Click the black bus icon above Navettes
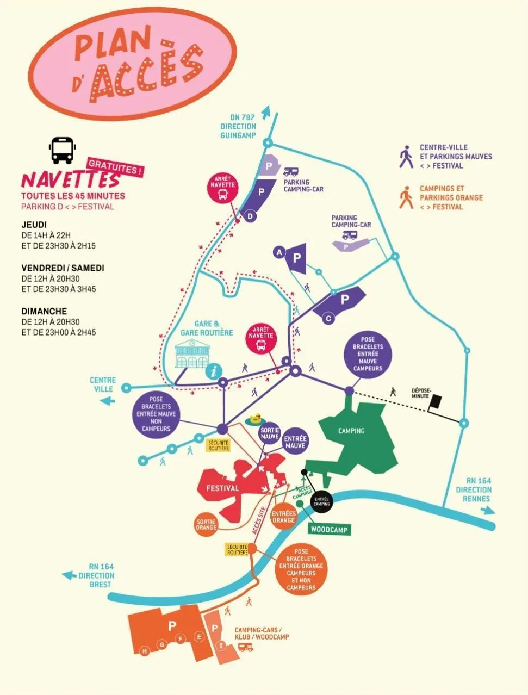62,150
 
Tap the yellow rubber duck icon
254,419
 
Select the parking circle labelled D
250,216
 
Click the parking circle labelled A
279,252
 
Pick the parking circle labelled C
328,319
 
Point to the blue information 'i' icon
214,371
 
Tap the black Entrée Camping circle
321,501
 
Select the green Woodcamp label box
330,529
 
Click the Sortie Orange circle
206,524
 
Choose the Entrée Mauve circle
295,442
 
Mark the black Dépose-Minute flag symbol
436,402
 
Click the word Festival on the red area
222,488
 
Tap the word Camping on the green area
351,431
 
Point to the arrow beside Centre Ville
108,401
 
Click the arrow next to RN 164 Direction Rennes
487,510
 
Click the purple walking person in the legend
406,157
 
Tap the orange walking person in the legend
406,198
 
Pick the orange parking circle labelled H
144,651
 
